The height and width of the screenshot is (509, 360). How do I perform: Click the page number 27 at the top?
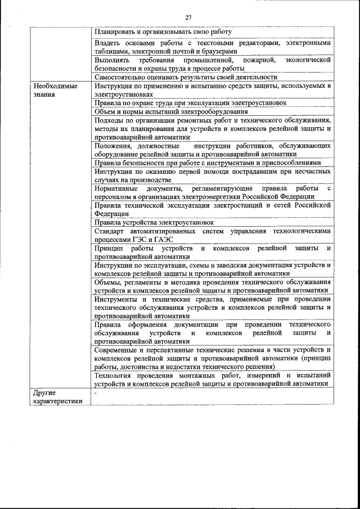pos(188,17)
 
